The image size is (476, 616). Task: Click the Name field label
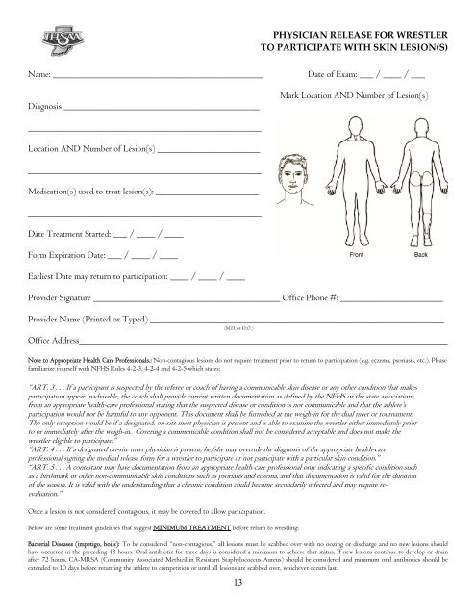coord(38,73)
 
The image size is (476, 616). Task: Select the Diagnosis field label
coord(46,108)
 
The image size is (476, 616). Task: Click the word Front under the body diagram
coord(357,256)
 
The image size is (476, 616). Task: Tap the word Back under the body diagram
coord(421,256)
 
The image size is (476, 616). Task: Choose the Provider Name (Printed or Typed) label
coord(88,319)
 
